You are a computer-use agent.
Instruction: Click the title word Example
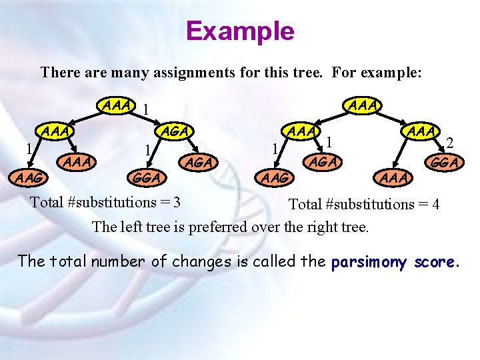[x=240, y=31]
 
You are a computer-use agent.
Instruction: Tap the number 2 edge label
[x=451, y=142]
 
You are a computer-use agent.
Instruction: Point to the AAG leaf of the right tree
[x=275, y=177]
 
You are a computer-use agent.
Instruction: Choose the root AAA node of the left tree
[x=115, y=105]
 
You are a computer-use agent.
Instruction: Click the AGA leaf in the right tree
[x=323, y=161]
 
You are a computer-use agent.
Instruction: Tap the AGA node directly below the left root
[x=176, y=131]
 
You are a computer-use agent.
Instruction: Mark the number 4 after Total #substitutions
[x=435, y=204]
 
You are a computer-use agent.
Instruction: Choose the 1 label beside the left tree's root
[x=147, y=109]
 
